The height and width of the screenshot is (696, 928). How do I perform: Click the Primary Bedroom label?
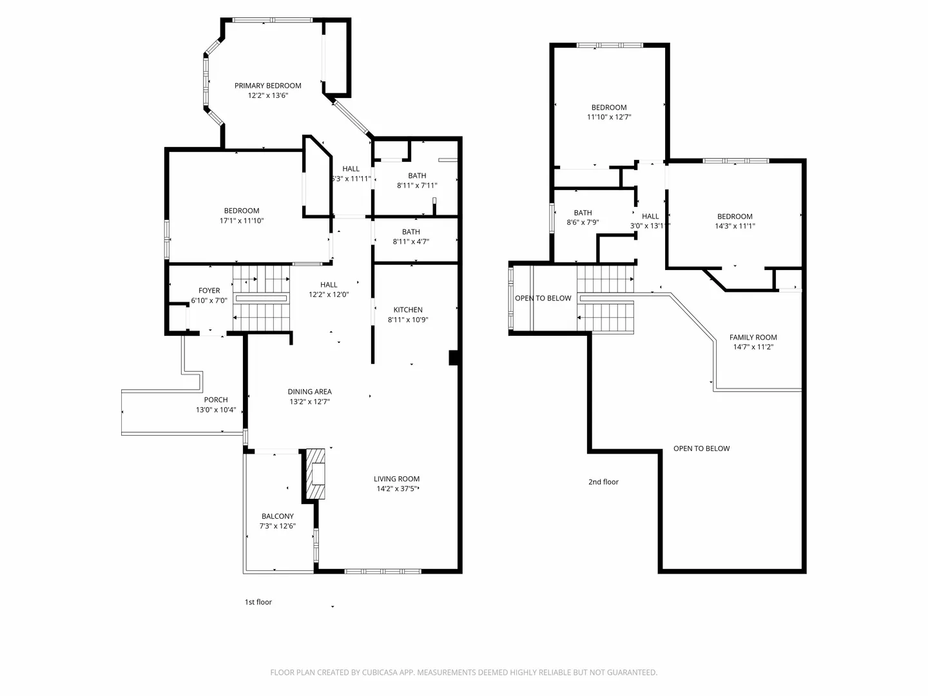(x=267, y=86)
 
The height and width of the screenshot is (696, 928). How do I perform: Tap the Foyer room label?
(x=209, y=291)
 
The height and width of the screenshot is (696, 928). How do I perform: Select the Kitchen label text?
(x=408, y=310)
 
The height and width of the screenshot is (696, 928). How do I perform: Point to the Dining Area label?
(x=309, y=392)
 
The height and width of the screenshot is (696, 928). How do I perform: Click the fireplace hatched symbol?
(x=315, y=474)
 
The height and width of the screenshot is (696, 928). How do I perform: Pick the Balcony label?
(x=277, y=516)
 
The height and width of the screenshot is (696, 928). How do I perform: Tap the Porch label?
(x=216, y=400)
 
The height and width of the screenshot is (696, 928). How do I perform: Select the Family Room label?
(x=753, y=337)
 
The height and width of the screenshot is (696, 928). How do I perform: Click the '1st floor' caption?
(x=258, y=602)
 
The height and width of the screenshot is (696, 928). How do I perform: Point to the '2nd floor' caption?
(x=603, y=482)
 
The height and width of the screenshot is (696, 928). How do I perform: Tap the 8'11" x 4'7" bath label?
(x=411, y=242)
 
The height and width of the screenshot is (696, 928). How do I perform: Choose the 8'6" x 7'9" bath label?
(x=583, y=222)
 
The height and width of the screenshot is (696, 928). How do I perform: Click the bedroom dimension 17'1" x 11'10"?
(x=242, y=220)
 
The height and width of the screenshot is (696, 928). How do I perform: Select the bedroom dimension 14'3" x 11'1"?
(x=735, y=226)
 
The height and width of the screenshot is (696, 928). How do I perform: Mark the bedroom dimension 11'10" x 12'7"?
(x=609, y=117)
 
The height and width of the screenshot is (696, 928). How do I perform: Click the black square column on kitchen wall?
(x=454, y=358)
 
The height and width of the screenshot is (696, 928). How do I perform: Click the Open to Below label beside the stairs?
(x=543, y=298)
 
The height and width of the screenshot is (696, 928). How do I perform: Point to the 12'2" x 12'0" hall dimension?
(x=329, y=295)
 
